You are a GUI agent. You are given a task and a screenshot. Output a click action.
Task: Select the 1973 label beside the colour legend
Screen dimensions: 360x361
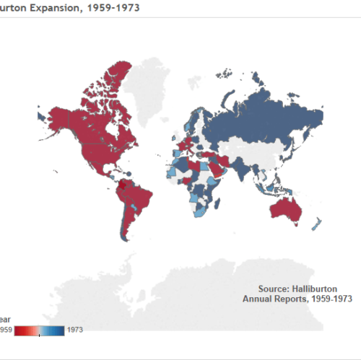click(x=74, y=330)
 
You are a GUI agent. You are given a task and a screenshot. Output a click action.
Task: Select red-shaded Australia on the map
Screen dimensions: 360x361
click(x=284, y=210)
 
